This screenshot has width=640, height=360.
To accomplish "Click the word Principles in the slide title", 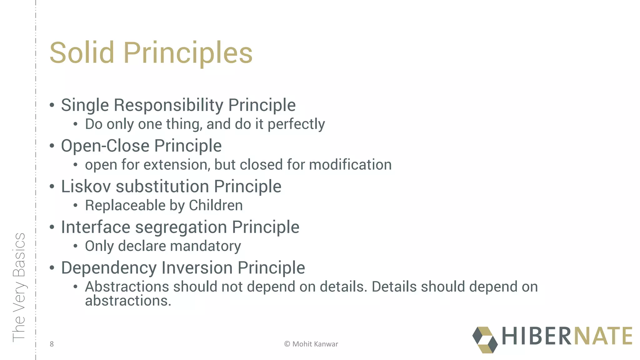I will pos(188,53).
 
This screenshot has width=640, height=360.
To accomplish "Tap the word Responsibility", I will pos(168,105).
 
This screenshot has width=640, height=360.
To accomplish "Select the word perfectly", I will pos(296,124).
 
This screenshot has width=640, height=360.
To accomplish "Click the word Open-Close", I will pos(105,146).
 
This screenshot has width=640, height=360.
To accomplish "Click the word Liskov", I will pos(86,187).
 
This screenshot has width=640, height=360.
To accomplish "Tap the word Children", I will pos(216,206).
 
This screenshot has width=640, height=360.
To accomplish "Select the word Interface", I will pos(95,227).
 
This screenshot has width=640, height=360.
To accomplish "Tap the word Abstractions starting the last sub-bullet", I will pos(127,287).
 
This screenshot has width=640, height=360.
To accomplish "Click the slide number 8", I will pos(52,344).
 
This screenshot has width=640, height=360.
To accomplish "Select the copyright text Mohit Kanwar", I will pos(315,344).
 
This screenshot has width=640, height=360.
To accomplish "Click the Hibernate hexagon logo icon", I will pos(485,340).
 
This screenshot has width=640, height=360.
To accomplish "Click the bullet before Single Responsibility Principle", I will pos(52,105).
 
